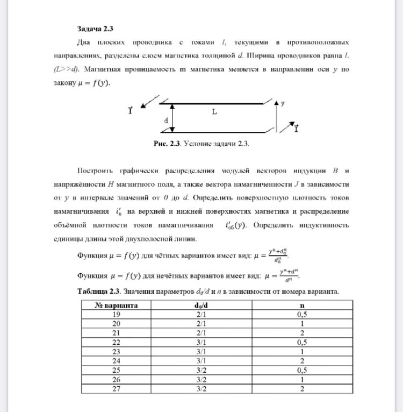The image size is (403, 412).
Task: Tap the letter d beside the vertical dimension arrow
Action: point(167,121)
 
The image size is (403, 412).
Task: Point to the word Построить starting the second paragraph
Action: point(95,171)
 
